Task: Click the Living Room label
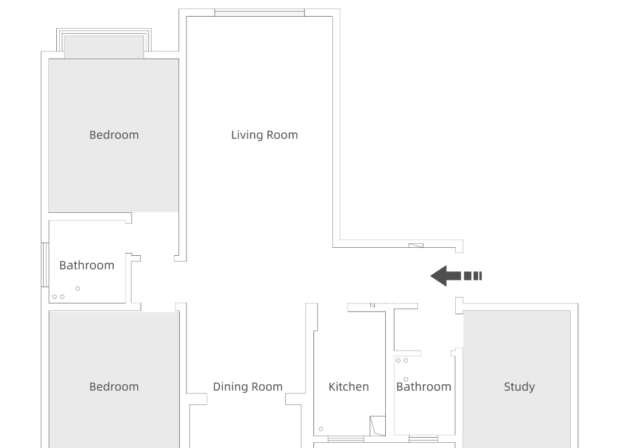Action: coord(264,135)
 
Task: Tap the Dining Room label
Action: coord(247,387)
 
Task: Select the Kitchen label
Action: coord(348,387)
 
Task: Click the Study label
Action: coord(519,387)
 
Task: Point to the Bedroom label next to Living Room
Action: coord(114,135)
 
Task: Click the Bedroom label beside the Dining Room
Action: coord(114,387)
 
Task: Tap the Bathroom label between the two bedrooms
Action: coord(87,265)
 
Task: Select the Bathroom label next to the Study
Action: coord(424,387)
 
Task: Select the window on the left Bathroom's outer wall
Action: coord(44,264)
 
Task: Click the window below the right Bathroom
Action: coord(423,439)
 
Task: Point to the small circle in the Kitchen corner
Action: coord(320,429)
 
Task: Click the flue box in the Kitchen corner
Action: coord(377,425)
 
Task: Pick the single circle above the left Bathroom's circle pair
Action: coord(77,288)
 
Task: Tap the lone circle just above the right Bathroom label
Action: coord(405,379)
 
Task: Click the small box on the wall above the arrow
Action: coord(416,246)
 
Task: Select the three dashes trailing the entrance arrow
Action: coord(472,276)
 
